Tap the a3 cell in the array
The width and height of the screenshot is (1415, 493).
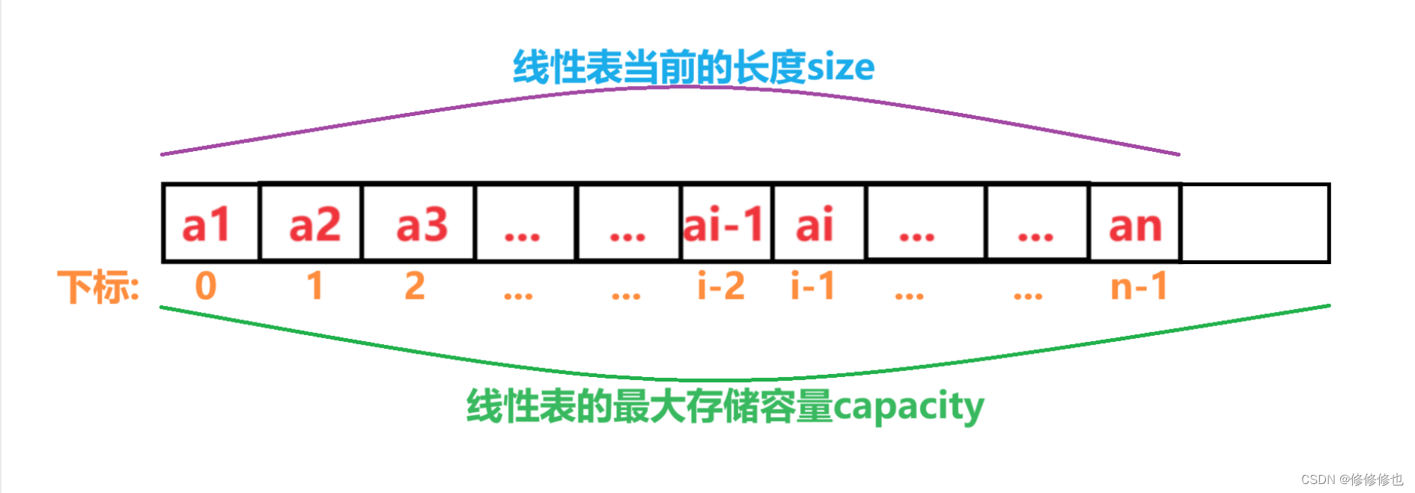point(419,224)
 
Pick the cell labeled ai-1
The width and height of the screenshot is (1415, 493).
point(725,224)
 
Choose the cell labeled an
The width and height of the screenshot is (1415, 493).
point(1135,224)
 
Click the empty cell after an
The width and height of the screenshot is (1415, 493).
point(1255,224)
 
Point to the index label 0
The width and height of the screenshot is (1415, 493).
point(206,286)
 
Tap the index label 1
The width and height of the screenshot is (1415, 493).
point(315,286)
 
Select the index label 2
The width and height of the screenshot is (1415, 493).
point(415,286)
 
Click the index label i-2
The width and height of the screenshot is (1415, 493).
point(721,286)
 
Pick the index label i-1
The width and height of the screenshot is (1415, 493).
point(813,286)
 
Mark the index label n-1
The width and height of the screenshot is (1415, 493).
point(1139,286)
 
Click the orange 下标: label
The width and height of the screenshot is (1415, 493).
point(98,287)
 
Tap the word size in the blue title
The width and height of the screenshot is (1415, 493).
point(841,67)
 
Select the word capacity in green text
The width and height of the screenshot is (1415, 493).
point(908,407)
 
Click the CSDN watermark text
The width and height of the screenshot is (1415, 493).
point(1351,480)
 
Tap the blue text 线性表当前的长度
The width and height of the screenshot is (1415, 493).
point(659,67)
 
